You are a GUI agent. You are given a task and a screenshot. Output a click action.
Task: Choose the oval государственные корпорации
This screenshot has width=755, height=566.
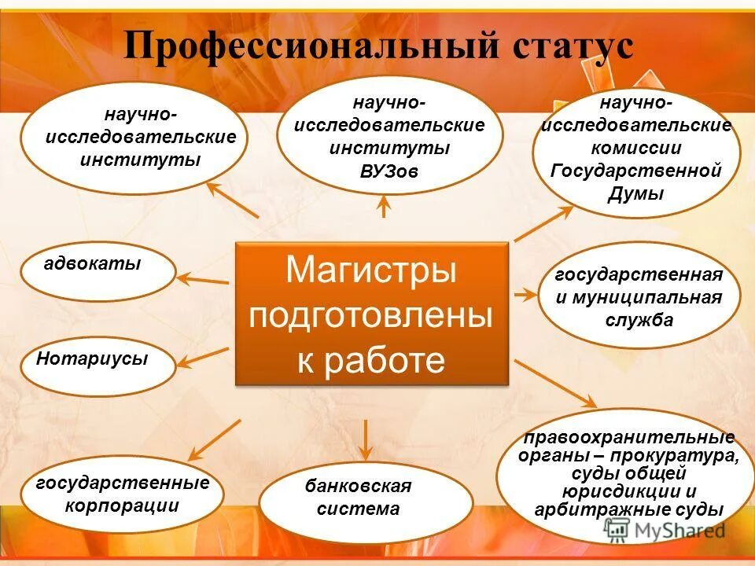123,494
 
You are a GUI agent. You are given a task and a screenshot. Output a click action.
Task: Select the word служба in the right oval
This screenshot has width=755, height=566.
639,320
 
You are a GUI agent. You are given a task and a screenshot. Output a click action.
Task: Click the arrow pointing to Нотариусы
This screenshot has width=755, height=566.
201,358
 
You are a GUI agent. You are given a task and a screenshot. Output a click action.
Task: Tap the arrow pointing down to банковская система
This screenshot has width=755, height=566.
366,440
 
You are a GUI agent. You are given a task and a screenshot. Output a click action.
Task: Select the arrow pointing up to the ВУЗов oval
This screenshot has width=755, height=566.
384,206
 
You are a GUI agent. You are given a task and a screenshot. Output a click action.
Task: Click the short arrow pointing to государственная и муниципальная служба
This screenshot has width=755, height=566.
524,294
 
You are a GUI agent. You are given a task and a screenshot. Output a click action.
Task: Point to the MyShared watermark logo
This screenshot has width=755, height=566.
665,531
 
